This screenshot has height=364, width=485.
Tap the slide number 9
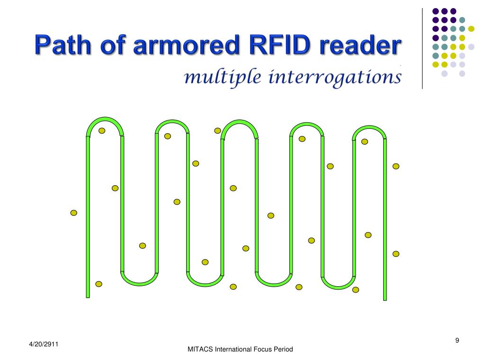click(x=457, y=340)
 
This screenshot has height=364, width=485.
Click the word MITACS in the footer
click(x=200, y=349)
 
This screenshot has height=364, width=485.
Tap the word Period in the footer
click(x=284, y=349)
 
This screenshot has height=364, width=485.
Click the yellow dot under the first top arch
click(x=102, y=131)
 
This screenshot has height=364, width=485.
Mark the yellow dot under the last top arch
click(x=365, y=141)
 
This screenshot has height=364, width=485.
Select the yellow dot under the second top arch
click(x=167, y=136)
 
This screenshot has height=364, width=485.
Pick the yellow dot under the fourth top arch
click(x=302, y=139)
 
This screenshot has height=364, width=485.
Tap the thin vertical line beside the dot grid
click(x=422, y=47)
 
